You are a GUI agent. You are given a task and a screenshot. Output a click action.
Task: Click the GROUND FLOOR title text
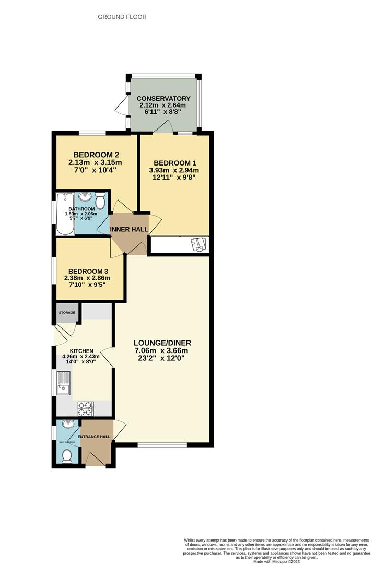(122, 17)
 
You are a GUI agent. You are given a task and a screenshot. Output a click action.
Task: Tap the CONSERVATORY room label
(163, 99)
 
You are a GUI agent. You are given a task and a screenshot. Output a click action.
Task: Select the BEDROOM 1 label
(174, 162)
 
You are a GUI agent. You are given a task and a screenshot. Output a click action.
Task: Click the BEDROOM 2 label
(97, 155)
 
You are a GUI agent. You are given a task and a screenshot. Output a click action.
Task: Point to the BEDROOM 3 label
(89, 272)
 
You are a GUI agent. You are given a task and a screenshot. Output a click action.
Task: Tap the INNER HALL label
(129, 229)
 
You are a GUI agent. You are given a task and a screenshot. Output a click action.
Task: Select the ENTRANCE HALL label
(94, 437)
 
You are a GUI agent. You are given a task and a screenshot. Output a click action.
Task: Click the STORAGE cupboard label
(66, 313)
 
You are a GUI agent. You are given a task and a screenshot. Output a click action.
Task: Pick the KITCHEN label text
(81, 351)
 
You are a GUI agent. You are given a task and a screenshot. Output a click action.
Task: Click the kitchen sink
(64, 383)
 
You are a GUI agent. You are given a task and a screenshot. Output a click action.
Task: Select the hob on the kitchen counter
(85, 408)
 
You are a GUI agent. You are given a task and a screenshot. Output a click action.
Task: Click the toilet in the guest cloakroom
(67, 457)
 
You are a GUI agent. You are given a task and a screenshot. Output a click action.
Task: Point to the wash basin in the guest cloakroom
(67, 425)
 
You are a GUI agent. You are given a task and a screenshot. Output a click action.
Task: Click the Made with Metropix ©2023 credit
(277, 561)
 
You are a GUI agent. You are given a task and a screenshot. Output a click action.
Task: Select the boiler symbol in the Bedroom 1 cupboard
(198, 244)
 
